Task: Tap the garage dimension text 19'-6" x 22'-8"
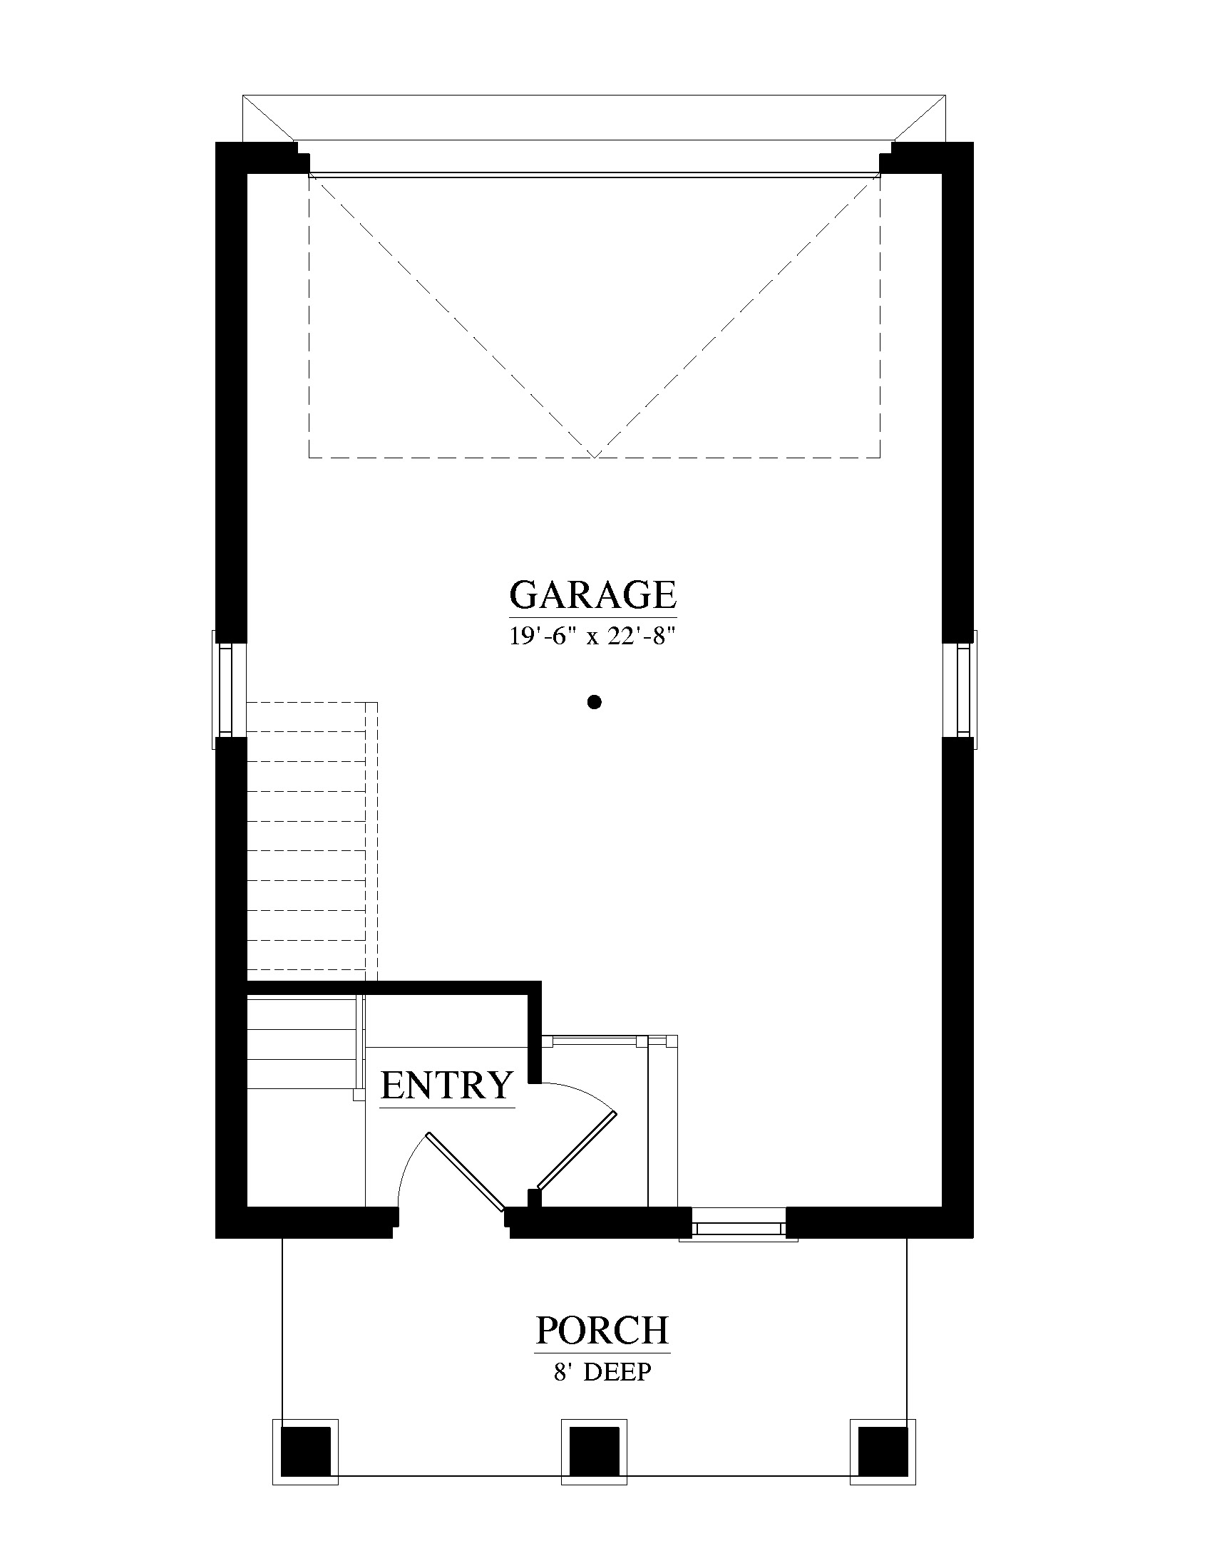tap(593, 636)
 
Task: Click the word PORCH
tap(602, 1330)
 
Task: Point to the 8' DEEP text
tap(602, 1372)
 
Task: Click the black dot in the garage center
tap(594, 702)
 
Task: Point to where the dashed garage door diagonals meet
tap(595, 457)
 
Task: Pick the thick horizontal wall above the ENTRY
tap(392, 987)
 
